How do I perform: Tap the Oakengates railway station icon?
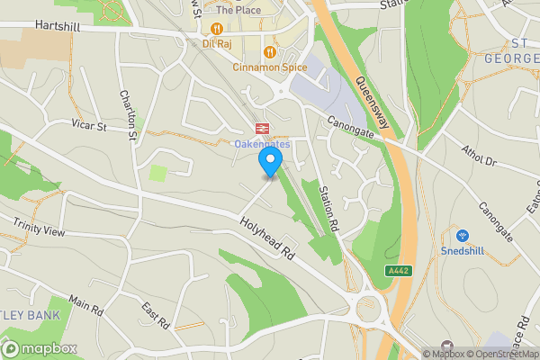click(264, 128)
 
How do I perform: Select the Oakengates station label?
click(263, 144)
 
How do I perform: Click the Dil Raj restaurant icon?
click(217, 28)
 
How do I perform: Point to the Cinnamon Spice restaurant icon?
click(268, 50)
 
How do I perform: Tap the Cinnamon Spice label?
click(268, 67)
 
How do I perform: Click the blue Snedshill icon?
click(463, 234)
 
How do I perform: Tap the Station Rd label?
click(327, 205)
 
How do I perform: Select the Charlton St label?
click(128, 115)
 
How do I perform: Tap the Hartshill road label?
click(58, 27)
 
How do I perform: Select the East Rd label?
click(156, 315)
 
